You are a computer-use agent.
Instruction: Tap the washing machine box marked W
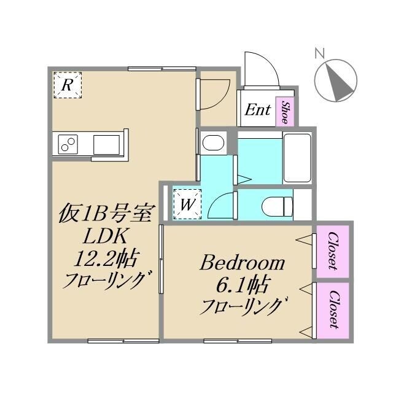tap(187, 203)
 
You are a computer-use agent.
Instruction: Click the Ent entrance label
tap(258, 111)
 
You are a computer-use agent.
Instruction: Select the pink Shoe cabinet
tap(285, 111)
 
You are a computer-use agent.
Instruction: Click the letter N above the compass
tap(319, 53)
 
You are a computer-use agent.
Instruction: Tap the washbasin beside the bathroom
tap(212, 144)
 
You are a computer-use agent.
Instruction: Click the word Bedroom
tap(243, 264)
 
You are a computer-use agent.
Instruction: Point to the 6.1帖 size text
tap(243, 285)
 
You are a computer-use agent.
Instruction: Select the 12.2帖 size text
tap(106, 259)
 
